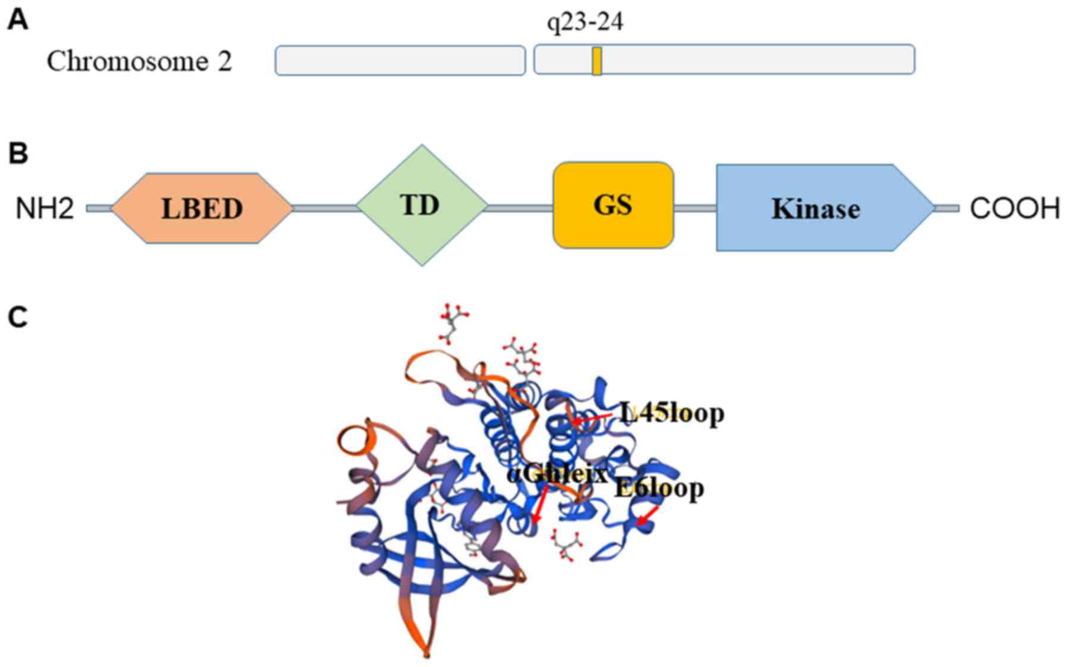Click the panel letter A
18,21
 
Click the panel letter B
18,153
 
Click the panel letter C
18,317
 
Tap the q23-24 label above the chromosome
585,22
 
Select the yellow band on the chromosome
597,61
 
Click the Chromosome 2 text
139,61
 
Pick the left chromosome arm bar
400,60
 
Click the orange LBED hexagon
202,208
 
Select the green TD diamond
421,205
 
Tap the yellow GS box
613,205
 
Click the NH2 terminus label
45,209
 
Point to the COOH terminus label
1015,209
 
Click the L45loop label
672,413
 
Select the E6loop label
659,488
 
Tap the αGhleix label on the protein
558,474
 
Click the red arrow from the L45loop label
591,419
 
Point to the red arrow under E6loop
647,515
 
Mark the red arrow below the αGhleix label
540,505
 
